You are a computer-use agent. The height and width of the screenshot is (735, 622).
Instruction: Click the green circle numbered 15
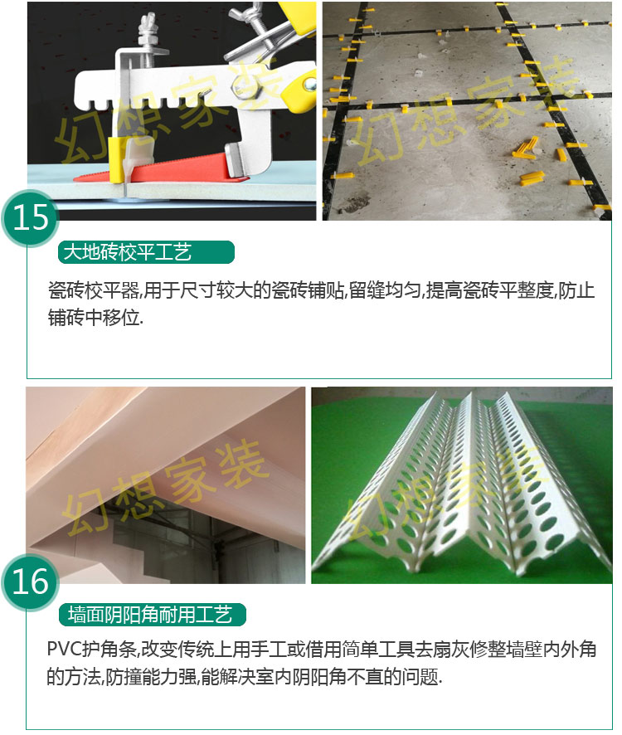pyautogui.click(x=31, y=218)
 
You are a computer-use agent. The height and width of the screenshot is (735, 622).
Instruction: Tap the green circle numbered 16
pyautogui.click(x=31, y=582)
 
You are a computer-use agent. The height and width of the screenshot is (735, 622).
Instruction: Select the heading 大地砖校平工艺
pyautogui.click(x=128, y=252)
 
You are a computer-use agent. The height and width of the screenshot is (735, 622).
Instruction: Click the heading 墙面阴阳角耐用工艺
pyautogui.click(x=150, y=615)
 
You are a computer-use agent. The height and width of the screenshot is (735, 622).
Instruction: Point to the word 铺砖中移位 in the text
pyautogui.click(x=94, y=318)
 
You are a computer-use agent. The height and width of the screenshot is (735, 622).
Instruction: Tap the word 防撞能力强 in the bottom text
pyautogui.click(x=151, y=677)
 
